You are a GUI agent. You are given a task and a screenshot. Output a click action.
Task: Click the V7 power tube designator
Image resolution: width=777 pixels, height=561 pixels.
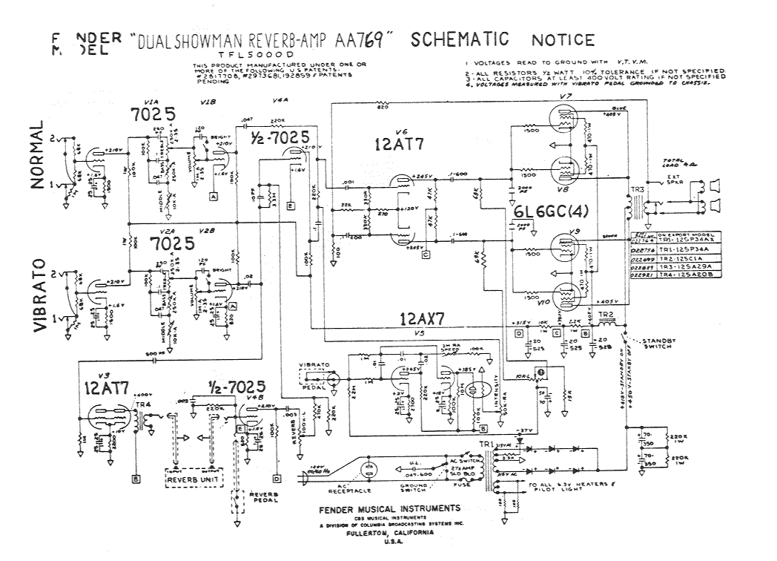click(x=566, y=98)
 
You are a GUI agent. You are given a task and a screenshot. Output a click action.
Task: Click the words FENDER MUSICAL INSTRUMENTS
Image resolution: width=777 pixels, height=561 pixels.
click(x=389, y=508)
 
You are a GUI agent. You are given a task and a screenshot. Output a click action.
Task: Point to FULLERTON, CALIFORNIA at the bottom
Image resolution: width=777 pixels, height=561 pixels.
click(x=389, y=532)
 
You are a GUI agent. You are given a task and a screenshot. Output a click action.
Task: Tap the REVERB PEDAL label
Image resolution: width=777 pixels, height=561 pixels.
click(x=263, y=496)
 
